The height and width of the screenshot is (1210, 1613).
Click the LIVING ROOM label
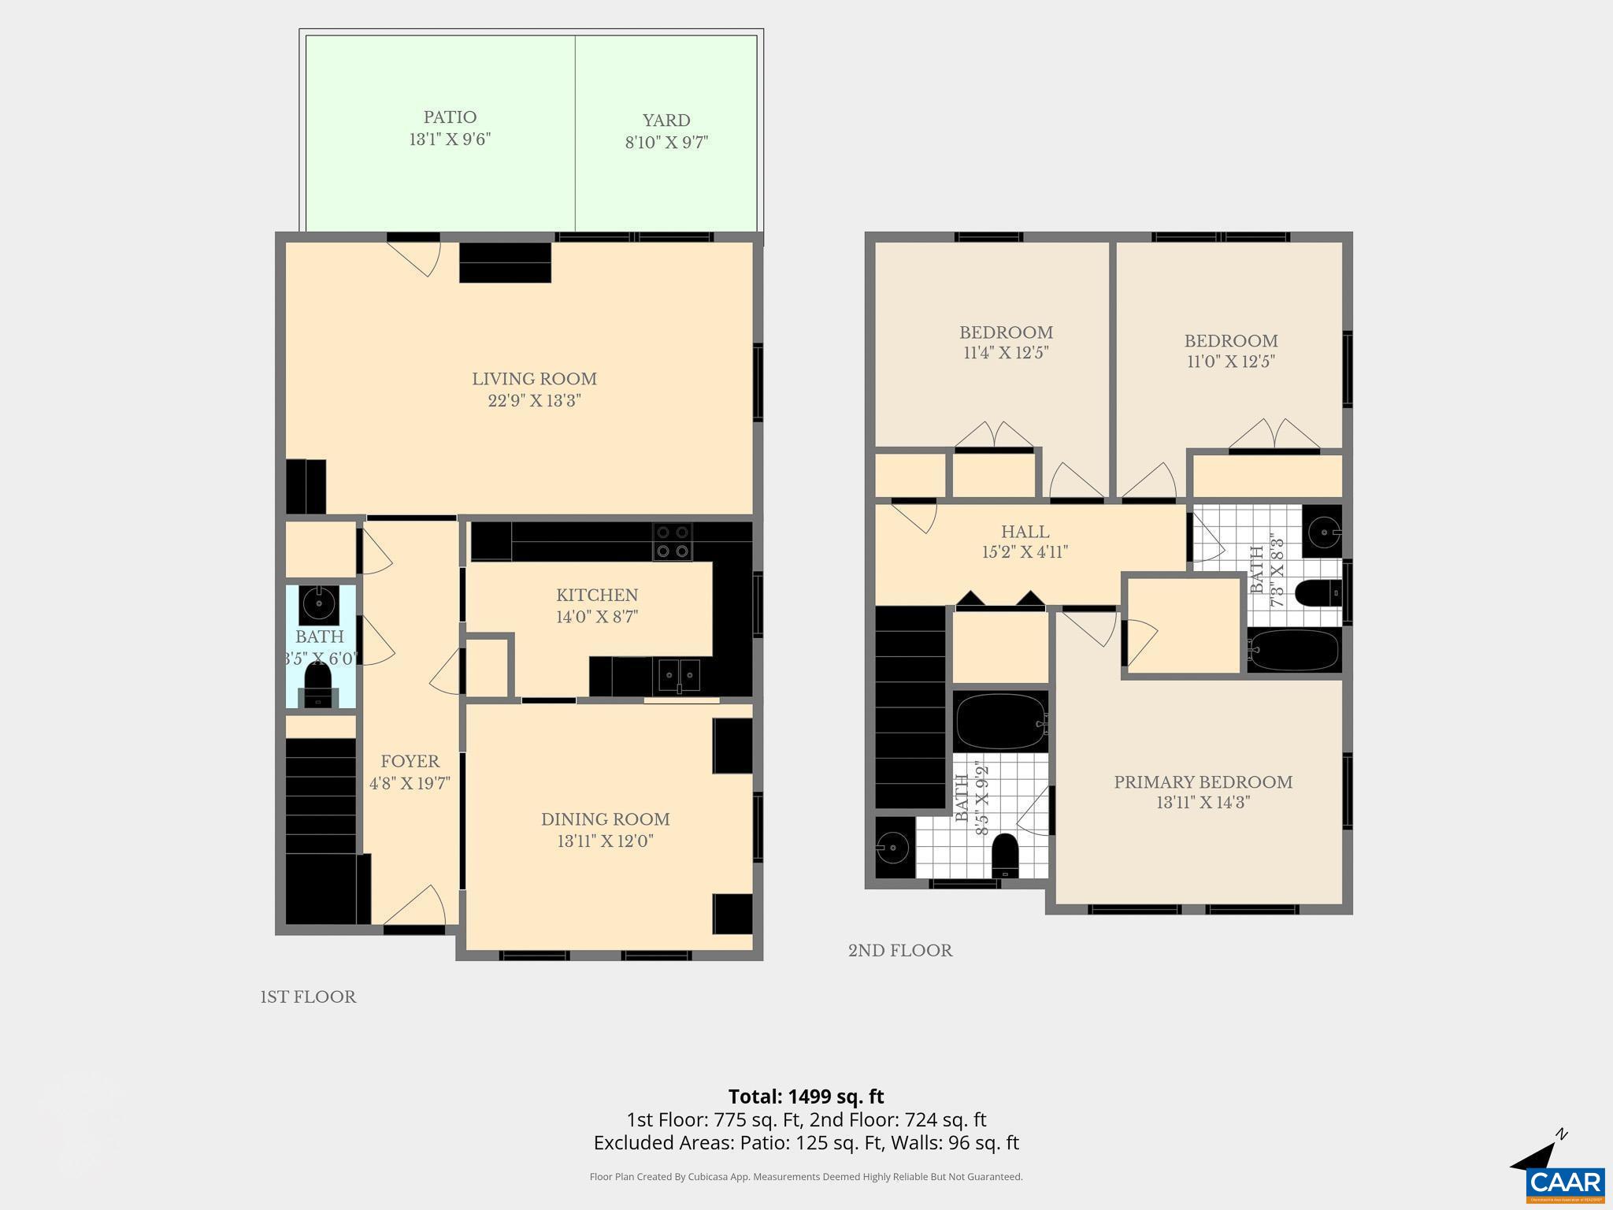[534, 379]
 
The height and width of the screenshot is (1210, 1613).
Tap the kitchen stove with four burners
[672, 541]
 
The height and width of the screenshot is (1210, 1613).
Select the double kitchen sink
[680, 676]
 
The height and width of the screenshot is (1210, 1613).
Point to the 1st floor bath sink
[319, 604]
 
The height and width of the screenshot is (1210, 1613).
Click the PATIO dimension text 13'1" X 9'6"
[450, 139]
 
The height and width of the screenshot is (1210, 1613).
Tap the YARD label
[666, 121]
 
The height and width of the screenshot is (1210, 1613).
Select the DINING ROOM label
[605, 819]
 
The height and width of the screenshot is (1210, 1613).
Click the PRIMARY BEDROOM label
[1203, 782]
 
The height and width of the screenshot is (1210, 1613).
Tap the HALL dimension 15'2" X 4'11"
[1025, 552]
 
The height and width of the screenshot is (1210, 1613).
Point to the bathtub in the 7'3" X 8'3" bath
[1293, 650]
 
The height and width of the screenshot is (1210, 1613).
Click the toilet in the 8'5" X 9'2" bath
[1005, 855]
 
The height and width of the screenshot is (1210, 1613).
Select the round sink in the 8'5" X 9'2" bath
[893, 848]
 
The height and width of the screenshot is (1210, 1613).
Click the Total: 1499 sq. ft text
[806, 1097]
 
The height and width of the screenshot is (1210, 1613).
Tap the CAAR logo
[1565, 1182]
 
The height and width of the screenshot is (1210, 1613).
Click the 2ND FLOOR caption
[900, 951]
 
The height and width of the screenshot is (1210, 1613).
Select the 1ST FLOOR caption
[308, 997]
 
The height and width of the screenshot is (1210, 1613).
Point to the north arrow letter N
[1561, 1135]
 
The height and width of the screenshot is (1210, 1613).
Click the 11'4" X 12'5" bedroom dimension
[1006, 353]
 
